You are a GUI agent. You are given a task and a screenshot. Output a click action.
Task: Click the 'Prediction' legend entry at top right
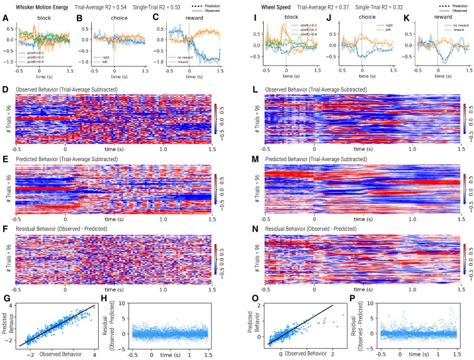pyautogui.click(x=458, y=5)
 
